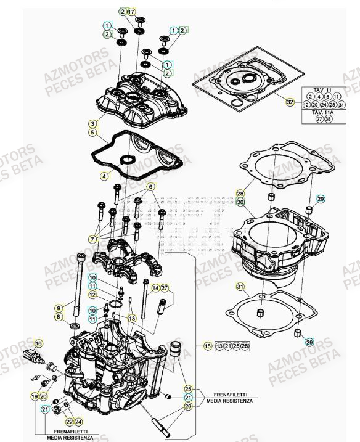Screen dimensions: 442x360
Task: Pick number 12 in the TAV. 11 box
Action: pyautogui.click(x=306, y=105)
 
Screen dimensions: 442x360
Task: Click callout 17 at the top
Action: pyautogui.click(x=131, y=12)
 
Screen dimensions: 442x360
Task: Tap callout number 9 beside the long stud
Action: pyautogui.click(x=59, y=308)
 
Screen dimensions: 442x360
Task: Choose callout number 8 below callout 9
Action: pyautogui.click(x=59, y=317)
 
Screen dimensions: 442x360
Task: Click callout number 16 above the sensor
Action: pyautogui.click(x=39, y=343)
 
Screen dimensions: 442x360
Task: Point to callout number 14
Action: pyautogui.click(x=156, y=288)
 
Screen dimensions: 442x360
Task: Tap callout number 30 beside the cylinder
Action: pyautogui.click(x=240, y=202)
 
